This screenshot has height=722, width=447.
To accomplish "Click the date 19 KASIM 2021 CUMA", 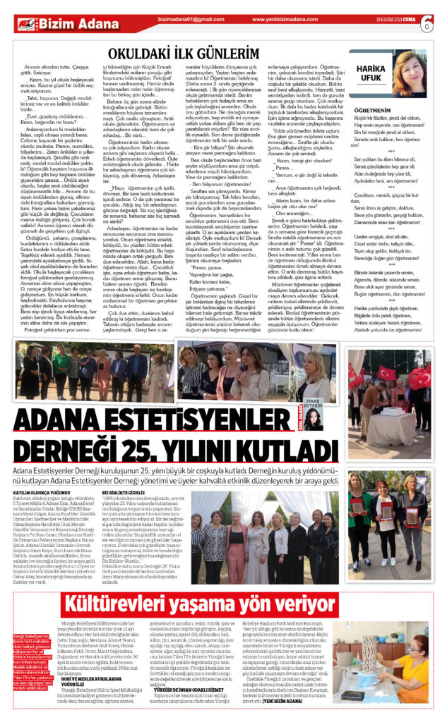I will [392, 23].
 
